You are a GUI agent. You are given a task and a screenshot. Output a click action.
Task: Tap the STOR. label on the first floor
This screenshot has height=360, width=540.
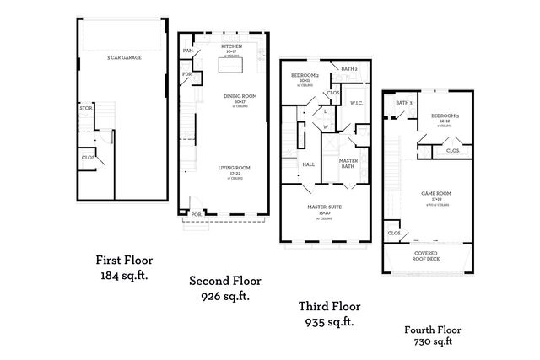point(86,108)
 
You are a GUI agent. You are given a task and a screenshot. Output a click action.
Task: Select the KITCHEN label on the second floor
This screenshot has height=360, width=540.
point(232,46)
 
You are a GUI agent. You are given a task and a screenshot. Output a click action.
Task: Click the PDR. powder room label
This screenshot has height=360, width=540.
point(186,74)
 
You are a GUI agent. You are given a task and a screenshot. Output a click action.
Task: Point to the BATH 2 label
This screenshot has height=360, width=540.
point(350,69)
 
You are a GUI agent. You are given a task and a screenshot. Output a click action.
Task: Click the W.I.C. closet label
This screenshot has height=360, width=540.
point(356,102)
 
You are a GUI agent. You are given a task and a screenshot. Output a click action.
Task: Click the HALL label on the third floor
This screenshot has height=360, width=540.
point(309,164)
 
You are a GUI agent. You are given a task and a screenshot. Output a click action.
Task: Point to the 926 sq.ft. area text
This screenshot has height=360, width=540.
point(224,297)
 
